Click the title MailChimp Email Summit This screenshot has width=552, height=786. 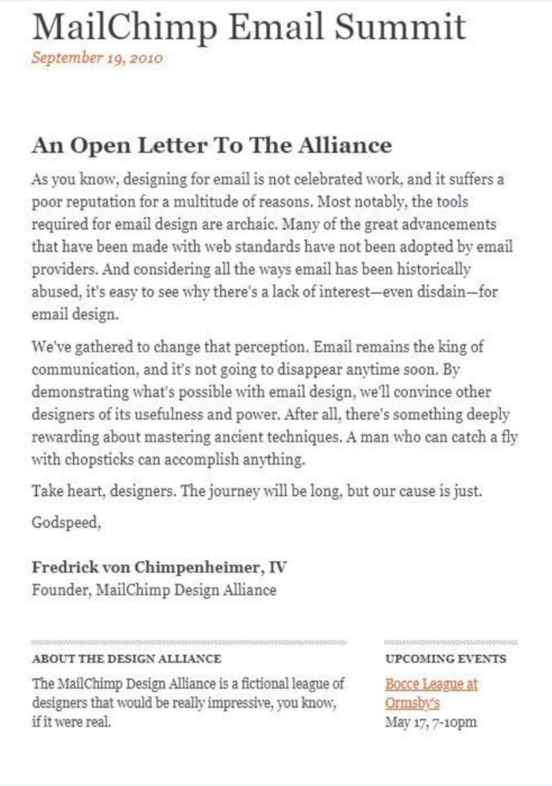click(x=248, y=27)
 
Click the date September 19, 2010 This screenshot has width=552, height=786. click(x=97, y=58)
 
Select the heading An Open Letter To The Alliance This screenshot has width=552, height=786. click(x=211, y=145)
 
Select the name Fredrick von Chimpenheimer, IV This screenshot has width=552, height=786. click(x=159, y=567)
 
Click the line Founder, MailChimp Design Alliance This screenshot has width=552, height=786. click(x=154, y=590)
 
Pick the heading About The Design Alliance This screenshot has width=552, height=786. click(x=126, y=658)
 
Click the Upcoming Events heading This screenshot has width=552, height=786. click(x=445, y=658)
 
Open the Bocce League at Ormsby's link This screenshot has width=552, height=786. click(x=431, y=684)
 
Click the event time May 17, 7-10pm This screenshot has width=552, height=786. click(x=431, y=722)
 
